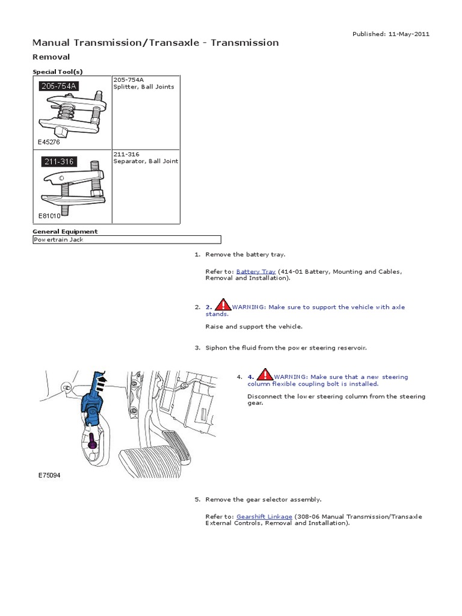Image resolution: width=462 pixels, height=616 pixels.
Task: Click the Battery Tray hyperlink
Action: coord(256,271)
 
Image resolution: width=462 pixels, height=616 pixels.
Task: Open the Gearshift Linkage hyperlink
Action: coord(264,517)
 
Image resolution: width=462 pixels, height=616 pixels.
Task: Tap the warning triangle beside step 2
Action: coord(223,305)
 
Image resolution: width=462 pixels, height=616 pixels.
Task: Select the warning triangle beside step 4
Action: coord(265,374)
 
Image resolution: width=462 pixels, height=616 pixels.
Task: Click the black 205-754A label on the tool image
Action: coord(58,85)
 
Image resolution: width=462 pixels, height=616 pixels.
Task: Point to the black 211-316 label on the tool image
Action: coord(59,161)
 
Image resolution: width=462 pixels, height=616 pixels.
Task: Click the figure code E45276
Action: coord(49,142)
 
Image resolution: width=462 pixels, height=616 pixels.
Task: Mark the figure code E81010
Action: coord(49,216)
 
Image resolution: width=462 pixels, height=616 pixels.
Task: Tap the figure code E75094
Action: coord(49,475)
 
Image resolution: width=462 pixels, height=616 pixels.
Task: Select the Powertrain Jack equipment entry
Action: coord(58,239)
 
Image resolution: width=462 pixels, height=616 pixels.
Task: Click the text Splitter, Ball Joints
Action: coord(144,87)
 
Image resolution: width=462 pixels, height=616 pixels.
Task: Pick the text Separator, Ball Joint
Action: coord(146,161)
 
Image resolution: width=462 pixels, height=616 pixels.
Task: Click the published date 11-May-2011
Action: coord(408,34)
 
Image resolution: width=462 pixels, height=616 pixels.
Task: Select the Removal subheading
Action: coord(51,57)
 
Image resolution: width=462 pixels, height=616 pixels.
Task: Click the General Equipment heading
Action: coord(65,232)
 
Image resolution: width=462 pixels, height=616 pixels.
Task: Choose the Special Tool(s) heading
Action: coord(57,72)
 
